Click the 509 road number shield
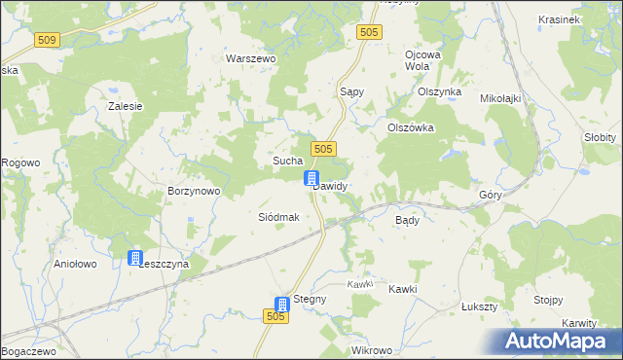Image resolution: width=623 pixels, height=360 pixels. [x=47, y=40]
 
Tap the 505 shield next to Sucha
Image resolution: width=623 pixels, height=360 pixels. [x=325, y=148]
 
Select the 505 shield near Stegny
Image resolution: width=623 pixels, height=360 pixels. [x=276, y=315]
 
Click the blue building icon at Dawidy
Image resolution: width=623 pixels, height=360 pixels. [x=311, y=178]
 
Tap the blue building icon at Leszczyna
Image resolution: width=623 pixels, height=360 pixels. [x=134, y=258]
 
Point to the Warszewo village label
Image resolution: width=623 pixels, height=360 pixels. [x=252, y=58]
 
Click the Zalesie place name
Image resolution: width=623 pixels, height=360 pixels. [x=127, y=107]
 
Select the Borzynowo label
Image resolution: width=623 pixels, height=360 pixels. [x=195, y=192]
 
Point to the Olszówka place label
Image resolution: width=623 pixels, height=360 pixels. [x=410, y=127]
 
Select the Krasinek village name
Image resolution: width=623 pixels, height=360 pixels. [x=558, y=19]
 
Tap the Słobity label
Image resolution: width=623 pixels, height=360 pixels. [x=601, y=137]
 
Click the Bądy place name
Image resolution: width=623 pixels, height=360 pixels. [x=407, y=220]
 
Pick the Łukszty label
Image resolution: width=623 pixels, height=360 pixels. [x=479, y=306]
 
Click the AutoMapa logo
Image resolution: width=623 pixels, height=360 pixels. [x=562, y=342]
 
